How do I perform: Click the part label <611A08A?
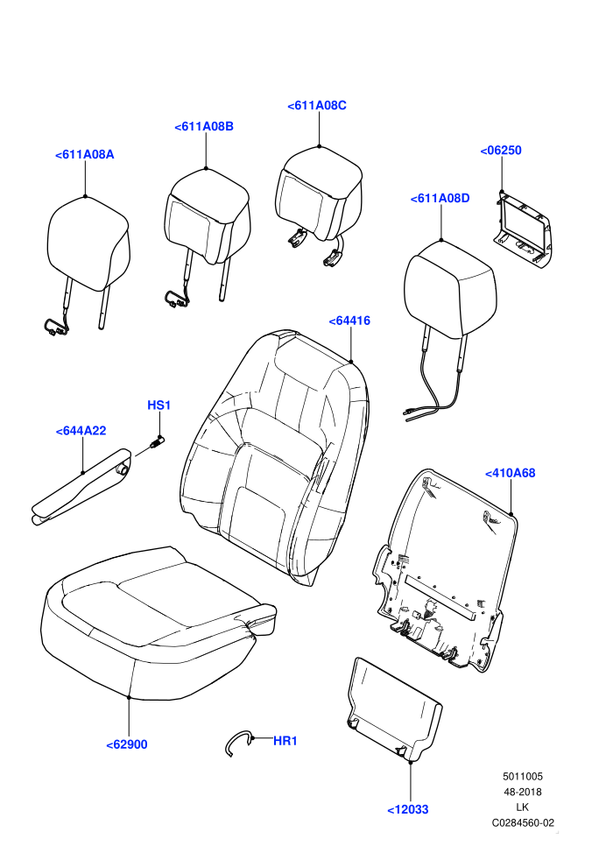pyautogui.click(x=85, y=155)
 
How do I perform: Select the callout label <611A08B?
pyautogui.click(x=204, y=127)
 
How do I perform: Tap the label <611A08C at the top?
pyautogui.click(x=317, y=106)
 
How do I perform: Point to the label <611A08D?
pyautogui.click(x=440, y=199)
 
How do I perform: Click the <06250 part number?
pyautogui.click(x=501, y=151)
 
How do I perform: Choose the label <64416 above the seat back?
pyautogui.click(x=349, y=321)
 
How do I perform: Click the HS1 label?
pyautogui.click(x=159, y=405)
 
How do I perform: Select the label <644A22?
pyautogui.click(x=81, y=431)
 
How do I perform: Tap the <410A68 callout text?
pyautogui.click(x=511, y=473)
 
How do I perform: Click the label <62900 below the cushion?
pyautogui.click(x=127, y=744)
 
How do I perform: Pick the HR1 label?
pyautogui.click(x=285, y=741)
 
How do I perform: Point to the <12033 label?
pyautogui.click(x=408, y=809)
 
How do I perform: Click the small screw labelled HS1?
pyautogui.click(x=157, y=443)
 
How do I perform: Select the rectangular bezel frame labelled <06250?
pyautogui.click(x=522, y=229)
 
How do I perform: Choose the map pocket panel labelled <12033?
pyautogui.click(x=394, y=708)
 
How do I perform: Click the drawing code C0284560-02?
pyautogui.click(x=523, y=822)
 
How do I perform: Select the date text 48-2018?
pyautogui.click(x=522, y=792)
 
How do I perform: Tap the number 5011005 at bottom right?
pyautogui.click(x=522, y=776)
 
